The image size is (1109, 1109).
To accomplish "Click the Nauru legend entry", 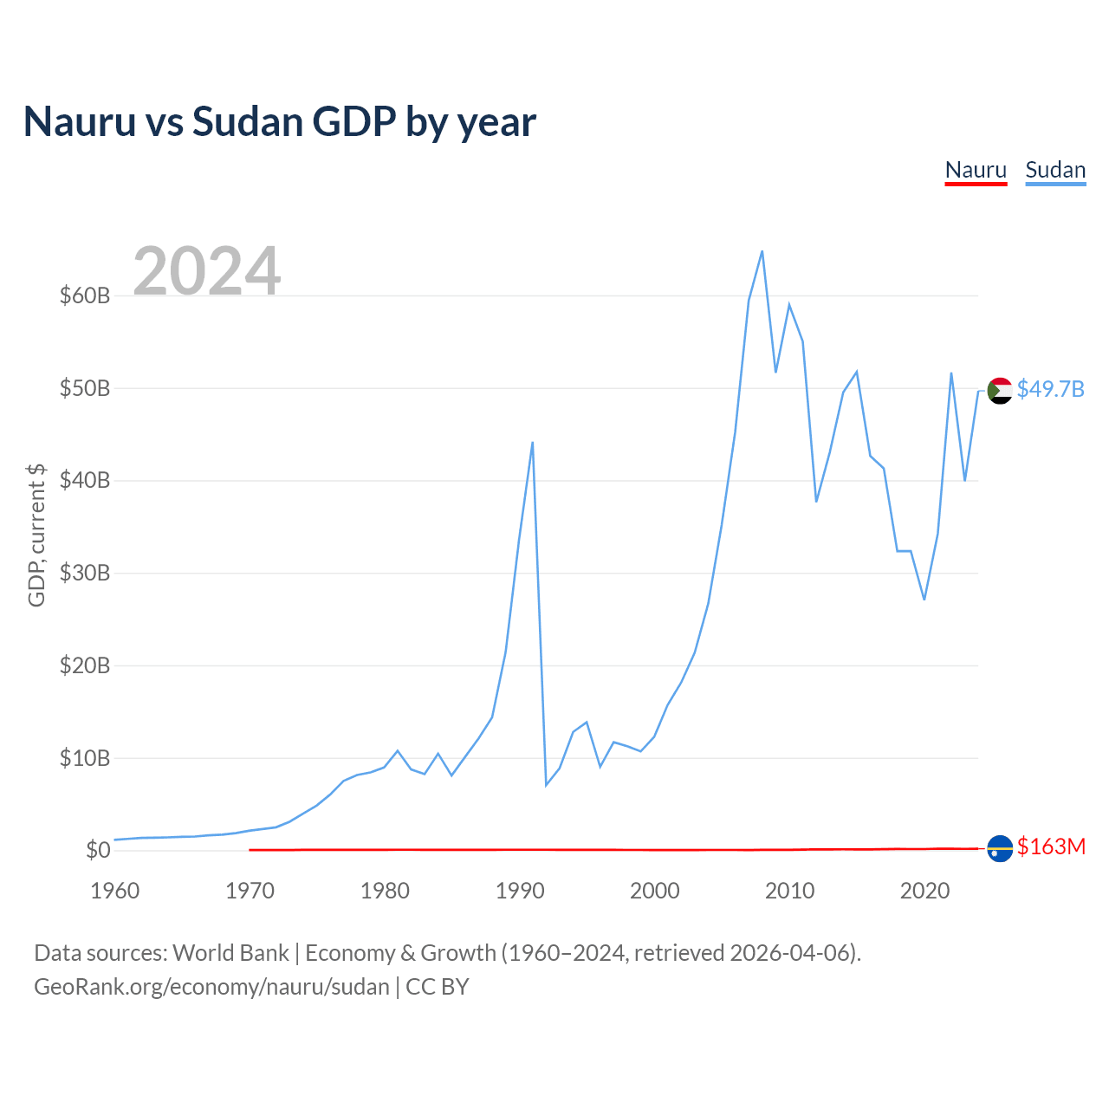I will [x=976, y=170].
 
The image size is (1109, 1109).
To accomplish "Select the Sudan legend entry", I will [x=1055, y=170].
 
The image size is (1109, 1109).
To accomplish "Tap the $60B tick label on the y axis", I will [x=85, y=296].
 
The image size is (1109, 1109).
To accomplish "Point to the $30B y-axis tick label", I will [x=85, y=574].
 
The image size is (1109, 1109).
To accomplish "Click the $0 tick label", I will [x=98, y=851].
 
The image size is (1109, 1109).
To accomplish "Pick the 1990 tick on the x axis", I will [x=519, y=891].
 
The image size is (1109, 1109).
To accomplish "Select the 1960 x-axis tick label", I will [x=114, y=891].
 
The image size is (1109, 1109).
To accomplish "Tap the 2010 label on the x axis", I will [x=789, y=891].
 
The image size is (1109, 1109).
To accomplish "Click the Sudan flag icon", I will [x=1000, y=391].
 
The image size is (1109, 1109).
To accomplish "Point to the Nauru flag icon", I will [x=1000, y=848].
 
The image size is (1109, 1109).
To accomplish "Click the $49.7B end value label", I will [x=1050, y=389].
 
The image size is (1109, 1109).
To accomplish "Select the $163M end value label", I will [x=1051, y=846].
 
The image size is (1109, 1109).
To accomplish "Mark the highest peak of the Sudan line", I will [x=762, y=251].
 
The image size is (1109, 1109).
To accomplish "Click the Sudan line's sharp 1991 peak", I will [x=532, y=443].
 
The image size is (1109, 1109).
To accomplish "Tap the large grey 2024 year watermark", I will [x=206, y=271].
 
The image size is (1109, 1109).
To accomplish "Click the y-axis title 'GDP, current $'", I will [x=36, y=535].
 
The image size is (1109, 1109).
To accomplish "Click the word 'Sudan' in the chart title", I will [x=247, y=121].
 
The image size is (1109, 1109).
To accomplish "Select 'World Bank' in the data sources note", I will [x=230, y=953].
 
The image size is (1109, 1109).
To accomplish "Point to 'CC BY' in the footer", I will [x=438, y=987].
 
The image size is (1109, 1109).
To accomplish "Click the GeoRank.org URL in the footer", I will [x=211, y=987].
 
